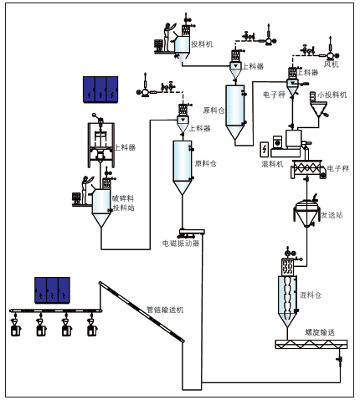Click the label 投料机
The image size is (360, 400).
(202, 44)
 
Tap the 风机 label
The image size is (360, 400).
(332, 64)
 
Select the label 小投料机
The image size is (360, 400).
(332, 95)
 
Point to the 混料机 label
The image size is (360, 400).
(272, 164)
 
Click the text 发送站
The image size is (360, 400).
(332, 215)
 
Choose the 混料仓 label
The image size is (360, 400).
(311, 295)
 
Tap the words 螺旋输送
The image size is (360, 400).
(320, 332)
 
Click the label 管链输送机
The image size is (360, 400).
(165, 310)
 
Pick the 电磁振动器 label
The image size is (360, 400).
(181, 244)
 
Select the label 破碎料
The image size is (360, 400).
(123, 198)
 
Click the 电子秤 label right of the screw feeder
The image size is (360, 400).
(338, 168)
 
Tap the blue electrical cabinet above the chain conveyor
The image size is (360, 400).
(52, 290)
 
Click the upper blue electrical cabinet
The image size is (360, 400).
(100, 90)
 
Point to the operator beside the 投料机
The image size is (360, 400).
(168, 37)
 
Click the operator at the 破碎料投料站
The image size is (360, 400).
(86, 190)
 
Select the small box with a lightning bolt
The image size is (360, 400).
(265, 150)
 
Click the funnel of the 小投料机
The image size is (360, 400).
(319, 110)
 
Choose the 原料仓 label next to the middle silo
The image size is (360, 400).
(205, 163)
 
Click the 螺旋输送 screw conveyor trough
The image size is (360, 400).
(311, 344)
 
